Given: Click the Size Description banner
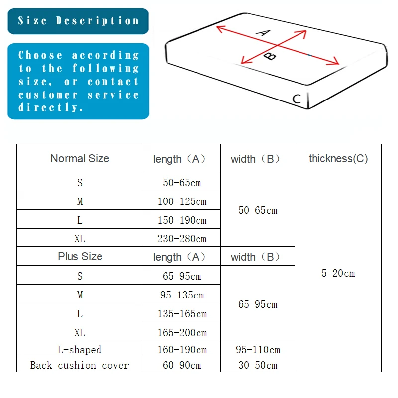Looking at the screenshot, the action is tap(78, 21).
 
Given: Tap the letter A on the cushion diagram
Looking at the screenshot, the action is tap(263, 33).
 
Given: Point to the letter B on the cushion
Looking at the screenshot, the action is tap(270, 56).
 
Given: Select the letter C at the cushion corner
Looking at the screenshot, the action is tap(297, 99).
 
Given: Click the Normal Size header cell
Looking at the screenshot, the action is tap(80, 158).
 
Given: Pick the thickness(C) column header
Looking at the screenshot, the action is tap(338, 158).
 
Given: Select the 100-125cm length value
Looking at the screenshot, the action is tap(182, 201).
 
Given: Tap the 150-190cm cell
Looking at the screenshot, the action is tap(182, 220).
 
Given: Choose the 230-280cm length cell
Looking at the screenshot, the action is tap(182, 239).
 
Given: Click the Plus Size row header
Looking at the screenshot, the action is tap(80, 256).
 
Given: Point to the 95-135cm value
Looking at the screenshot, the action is tap(182, 295).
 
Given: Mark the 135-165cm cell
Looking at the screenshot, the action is tap(182, 314).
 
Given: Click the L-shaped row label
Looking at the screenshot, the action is tap(80, 350).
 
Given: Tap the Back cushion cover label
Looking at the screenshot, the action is tap(80, 365).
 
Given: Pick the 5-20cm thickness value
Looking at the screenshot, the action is tap(338, 273).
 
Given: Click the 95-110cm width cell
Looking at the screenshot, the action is tap(258, 350).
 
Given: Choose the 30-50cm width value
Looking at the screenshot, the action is tap(258, 365).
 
